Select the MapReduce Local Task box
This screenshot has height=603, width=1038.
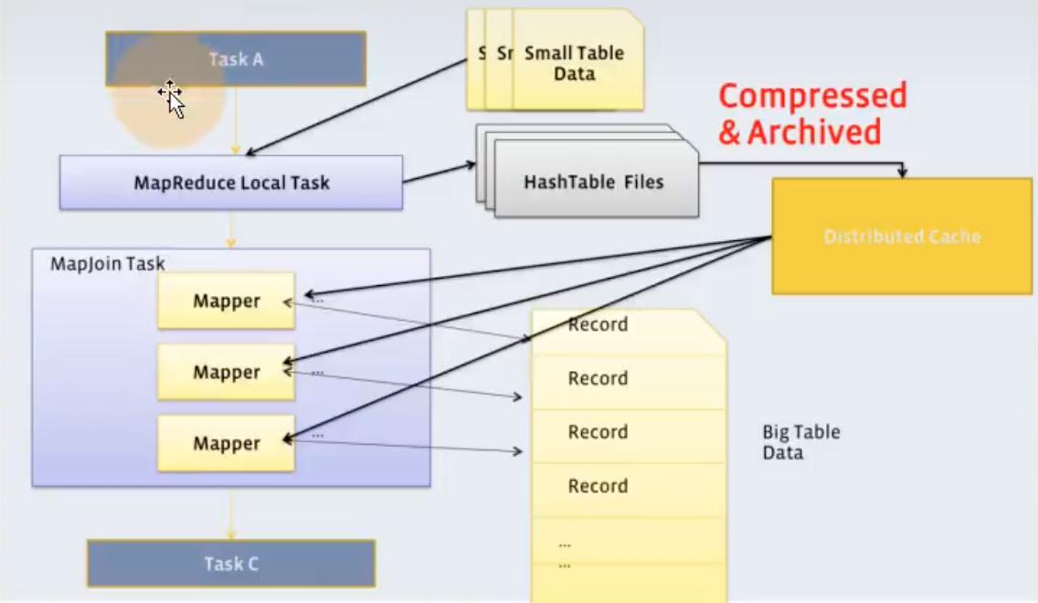(x=231, y=182)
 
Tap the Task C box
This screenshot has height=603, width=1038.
(x=231, y=564)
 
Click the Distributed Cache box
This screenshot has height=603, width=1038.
(x=902, y=237)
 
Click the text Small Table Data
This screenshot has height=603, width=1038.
(x=574, y=63)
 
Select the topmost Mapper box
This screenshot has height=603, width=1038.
(x=226, y=301)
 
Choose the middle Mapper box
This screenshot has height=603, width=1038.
(x=226, y=372)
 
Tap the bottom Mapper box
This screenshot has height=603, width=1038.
(x=226, y=443)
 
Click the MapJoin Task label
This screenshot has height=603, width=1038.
(x=108, y=264)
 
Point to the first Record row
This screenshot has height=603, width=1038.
(x=598, y=325)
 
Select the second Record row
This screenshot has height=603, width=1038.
(x=598, y=378)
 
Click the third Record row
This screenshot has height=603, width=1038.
(x=598, y=432)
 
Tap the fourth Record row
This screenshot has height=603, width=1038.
(x=598, y=486)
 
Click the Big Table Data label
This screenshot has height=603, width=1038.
(x=800, y=442)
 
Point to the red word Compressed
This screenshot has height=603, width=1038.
(x=811, y=96)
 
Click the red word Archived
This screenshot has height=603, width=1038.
(x=813, y=132)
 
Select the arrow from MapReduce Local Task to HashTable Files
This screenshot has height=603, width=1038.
(x=439, y=173)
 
